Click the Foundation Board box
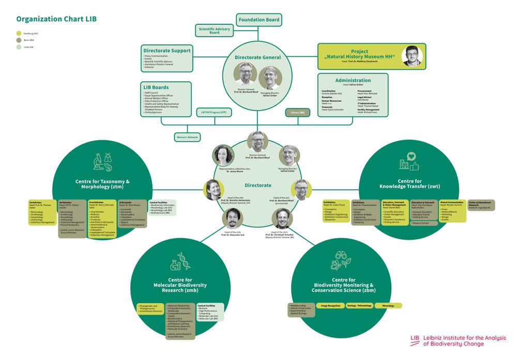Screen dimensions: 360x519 (259, 20)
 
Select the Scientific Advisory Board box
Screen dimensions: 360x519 (215, 30)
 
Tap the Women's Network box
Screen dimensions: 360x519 (187, 137)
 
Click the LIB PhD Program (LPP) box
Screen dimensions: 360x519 (213, 112)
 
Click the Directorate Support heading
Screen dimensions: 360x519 (167, 51)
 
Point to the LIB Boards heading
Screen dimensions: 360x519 (156, 87)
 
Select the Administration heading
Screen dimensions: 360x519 (353, 80)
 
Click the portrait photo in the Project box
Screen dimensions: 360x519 (412, 56)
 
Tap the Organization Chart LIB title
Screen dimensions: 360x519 (56, 19)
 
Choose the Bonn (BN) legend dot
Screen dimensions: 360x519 (19, 40)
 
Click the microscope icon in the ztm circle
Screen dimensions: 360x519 (97, 162)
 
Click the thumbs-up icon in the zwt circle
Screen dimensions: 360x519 (414, 165)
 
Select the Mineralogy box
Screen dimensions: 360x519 (388, 306)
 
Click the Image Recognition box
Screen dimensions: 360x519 (331, 306)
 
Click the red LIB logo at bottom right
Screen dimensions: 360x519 (415, 339)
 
